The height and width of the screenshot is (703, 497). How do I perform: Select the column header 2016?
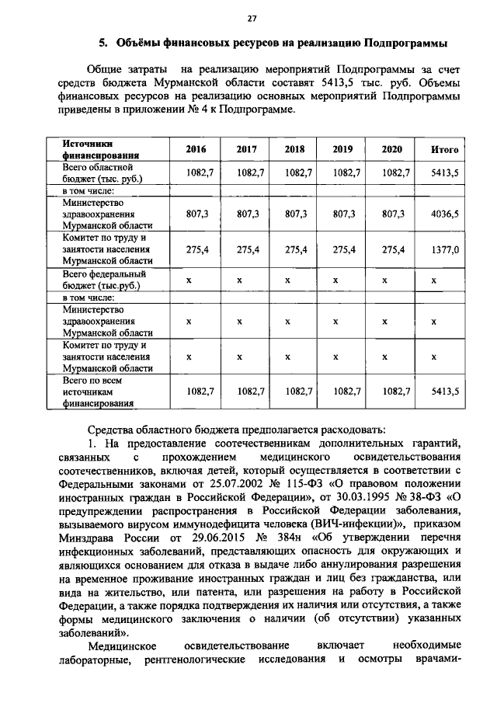tap(196, 150)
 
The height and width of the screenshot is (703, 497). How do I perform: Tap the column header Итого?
tap(444, 150)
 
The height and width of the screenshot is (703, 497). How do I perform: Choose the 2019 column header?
tap(342, 150)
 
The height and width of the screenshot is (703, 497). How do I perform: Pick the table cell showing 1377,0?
tap(444, 249)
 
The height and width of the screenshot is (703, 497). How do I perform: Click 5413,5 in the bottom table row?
tap(444, 392)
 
